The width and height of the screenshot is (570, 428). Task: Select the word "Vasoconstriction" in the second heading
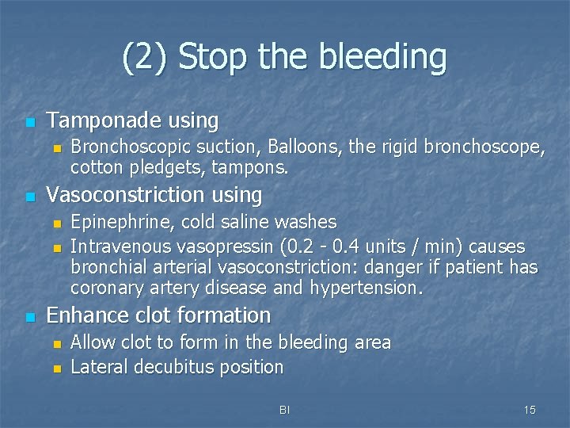117,194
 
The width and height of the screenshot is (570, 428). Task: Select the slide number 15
530,410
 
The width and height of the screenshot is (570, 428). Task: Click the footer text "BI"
285,410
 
